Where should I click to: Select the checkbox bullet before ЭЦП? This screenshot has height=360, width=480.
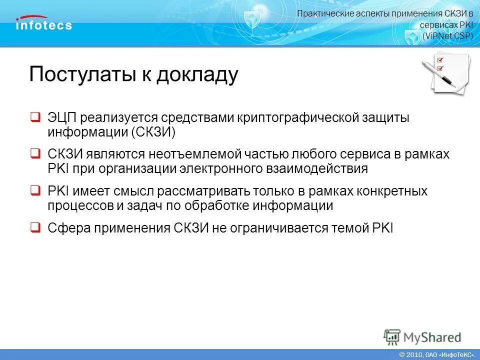click(x=35, y=118)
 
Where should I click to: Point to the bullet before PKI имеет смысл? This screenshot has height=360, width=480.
click(x=35, y=190)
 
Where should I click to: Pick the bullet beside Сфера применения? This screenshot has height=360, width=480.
click(x=35, y=227)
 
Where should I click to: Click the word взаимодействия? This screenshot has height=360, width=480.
click(x=318, y=169)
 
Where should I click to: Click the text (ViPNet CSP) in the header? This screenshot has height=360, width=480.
click(x=447, y=35)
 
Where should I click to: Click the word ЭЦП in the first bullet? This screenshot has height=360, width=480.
click(x=62, y=118)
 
